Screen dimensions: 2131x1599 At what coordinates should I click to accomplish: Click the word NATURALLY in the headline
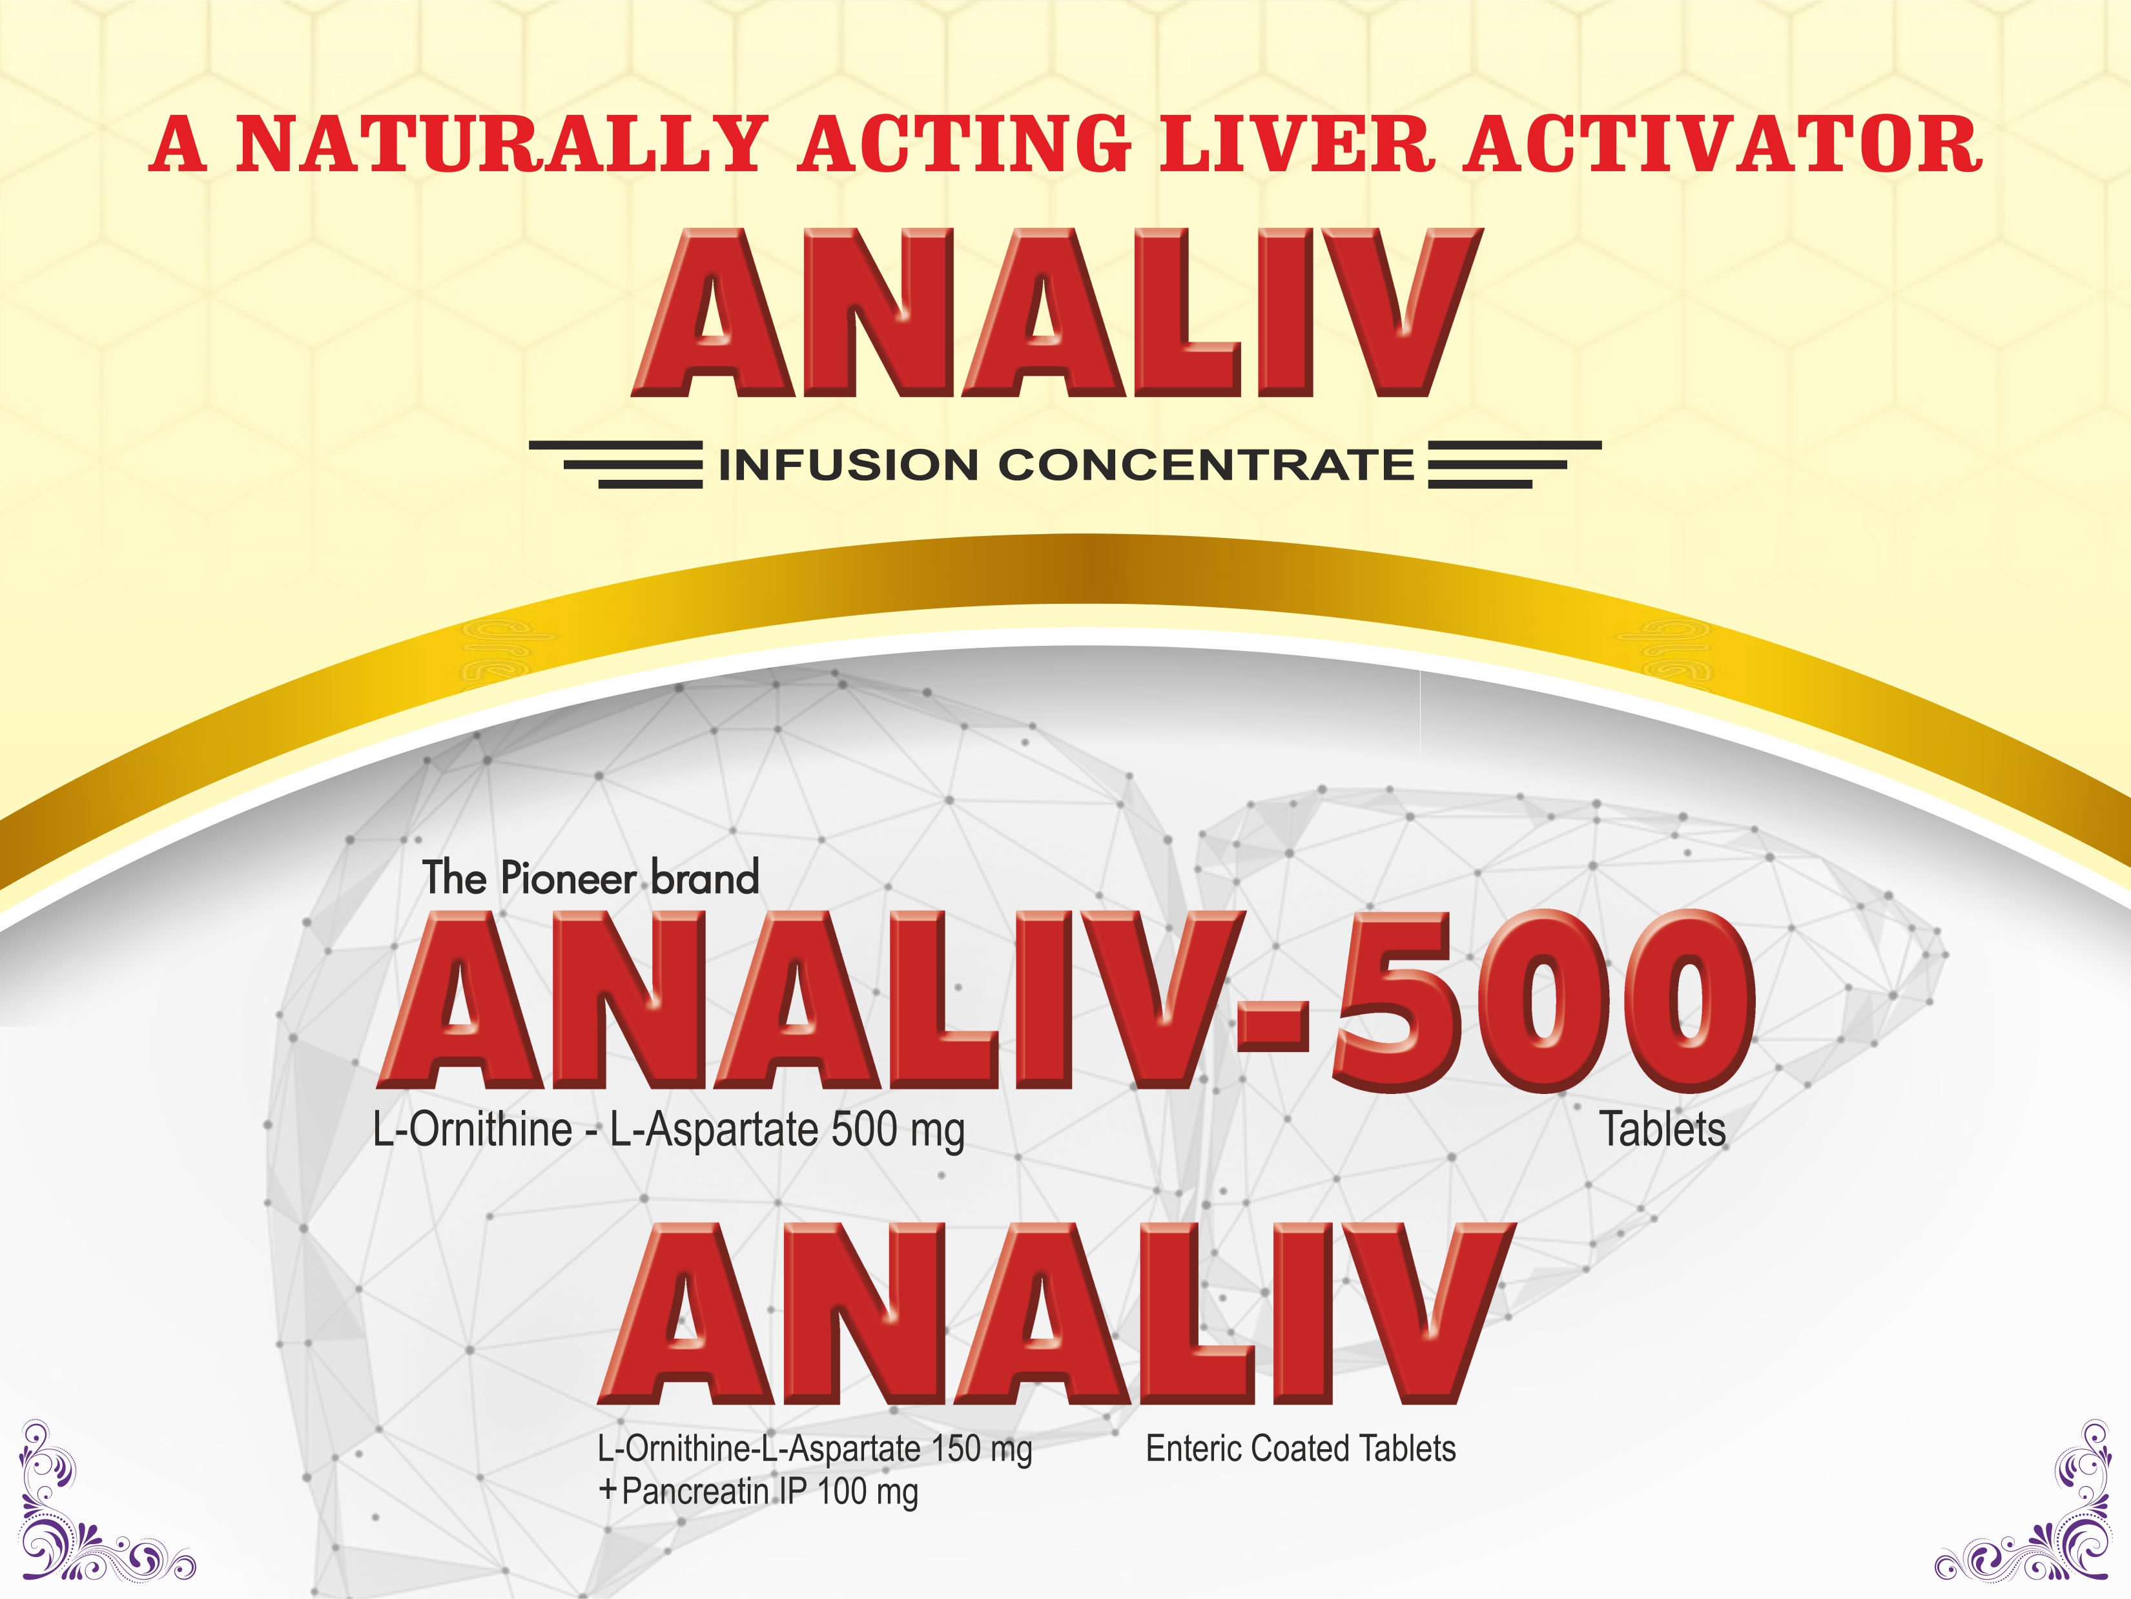502,145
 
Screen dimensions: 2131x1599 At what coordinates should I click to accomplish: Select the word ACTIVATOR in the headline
1722,145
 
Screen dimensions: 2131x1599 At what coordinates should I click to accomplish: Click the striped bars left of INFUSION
617,464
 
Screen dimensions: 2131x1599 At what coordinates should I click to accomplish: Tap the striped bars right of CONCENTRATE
1514,464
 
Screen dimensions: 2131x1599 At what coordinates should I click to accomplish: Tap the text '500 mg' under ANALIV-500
897,1131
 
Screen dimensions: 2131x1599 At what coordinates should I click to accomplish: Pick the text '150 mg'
982,1449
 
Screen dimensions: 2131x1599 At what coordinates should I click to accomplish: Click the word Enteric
1193,1449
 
